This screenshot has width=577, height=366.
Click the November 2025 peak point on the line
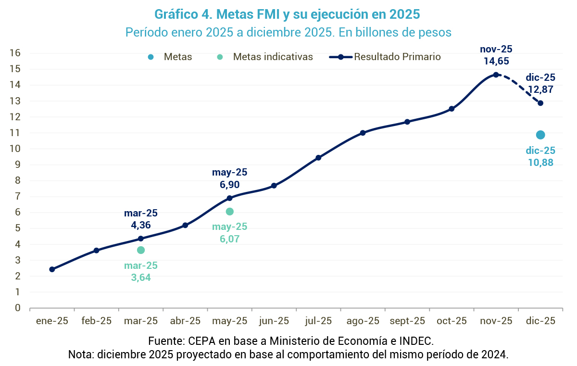pos(496,75)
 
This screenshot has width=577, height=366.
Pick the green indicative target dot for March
pos(141,250)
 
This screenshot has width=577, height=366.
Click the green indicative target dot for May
pos(230,212)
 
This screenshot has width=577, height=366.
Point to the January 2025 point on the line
pos(52,269)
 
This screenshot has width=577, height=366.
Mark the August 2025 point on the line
pos(363,133)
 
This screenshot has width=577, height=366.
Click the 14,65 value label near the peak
pos(496,61)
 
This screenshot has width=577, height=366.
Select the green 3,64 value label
pos(141,278)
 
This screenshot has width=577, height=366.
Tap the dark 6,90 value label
pos(230,184)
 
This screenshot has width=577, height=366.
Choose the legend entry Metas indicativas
pos(273,57)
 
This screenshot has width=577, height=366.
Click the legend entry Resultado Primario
pos(397,57)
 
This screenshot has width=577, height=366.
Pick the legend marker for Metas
pos(151,57)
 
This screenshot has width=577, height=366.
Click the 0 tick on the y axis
pos(17,308)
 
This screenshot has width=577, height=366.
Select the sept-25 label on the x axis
pos(407,321)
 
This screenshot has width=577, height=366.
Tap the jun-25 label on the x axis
pos(274,321)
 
